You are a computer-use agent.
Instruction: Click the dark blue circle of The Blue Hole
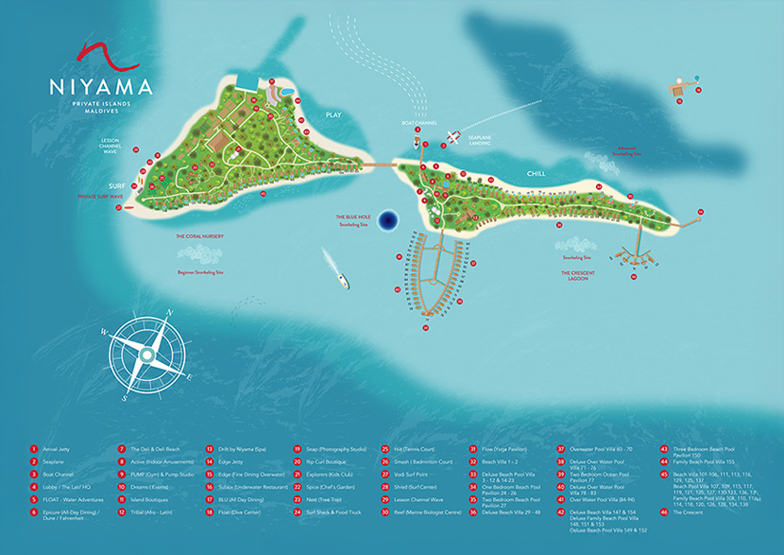pos(386,222)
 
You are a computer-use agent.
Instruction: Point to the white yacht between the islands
pos(337,269)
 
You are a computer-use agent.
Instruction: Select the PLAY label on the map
pos(332,114)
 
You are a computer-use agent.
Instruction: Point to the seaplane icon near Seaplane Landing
pos(454,136)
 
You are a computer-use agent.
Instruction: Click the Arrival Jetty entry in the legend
pos(60,449)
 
